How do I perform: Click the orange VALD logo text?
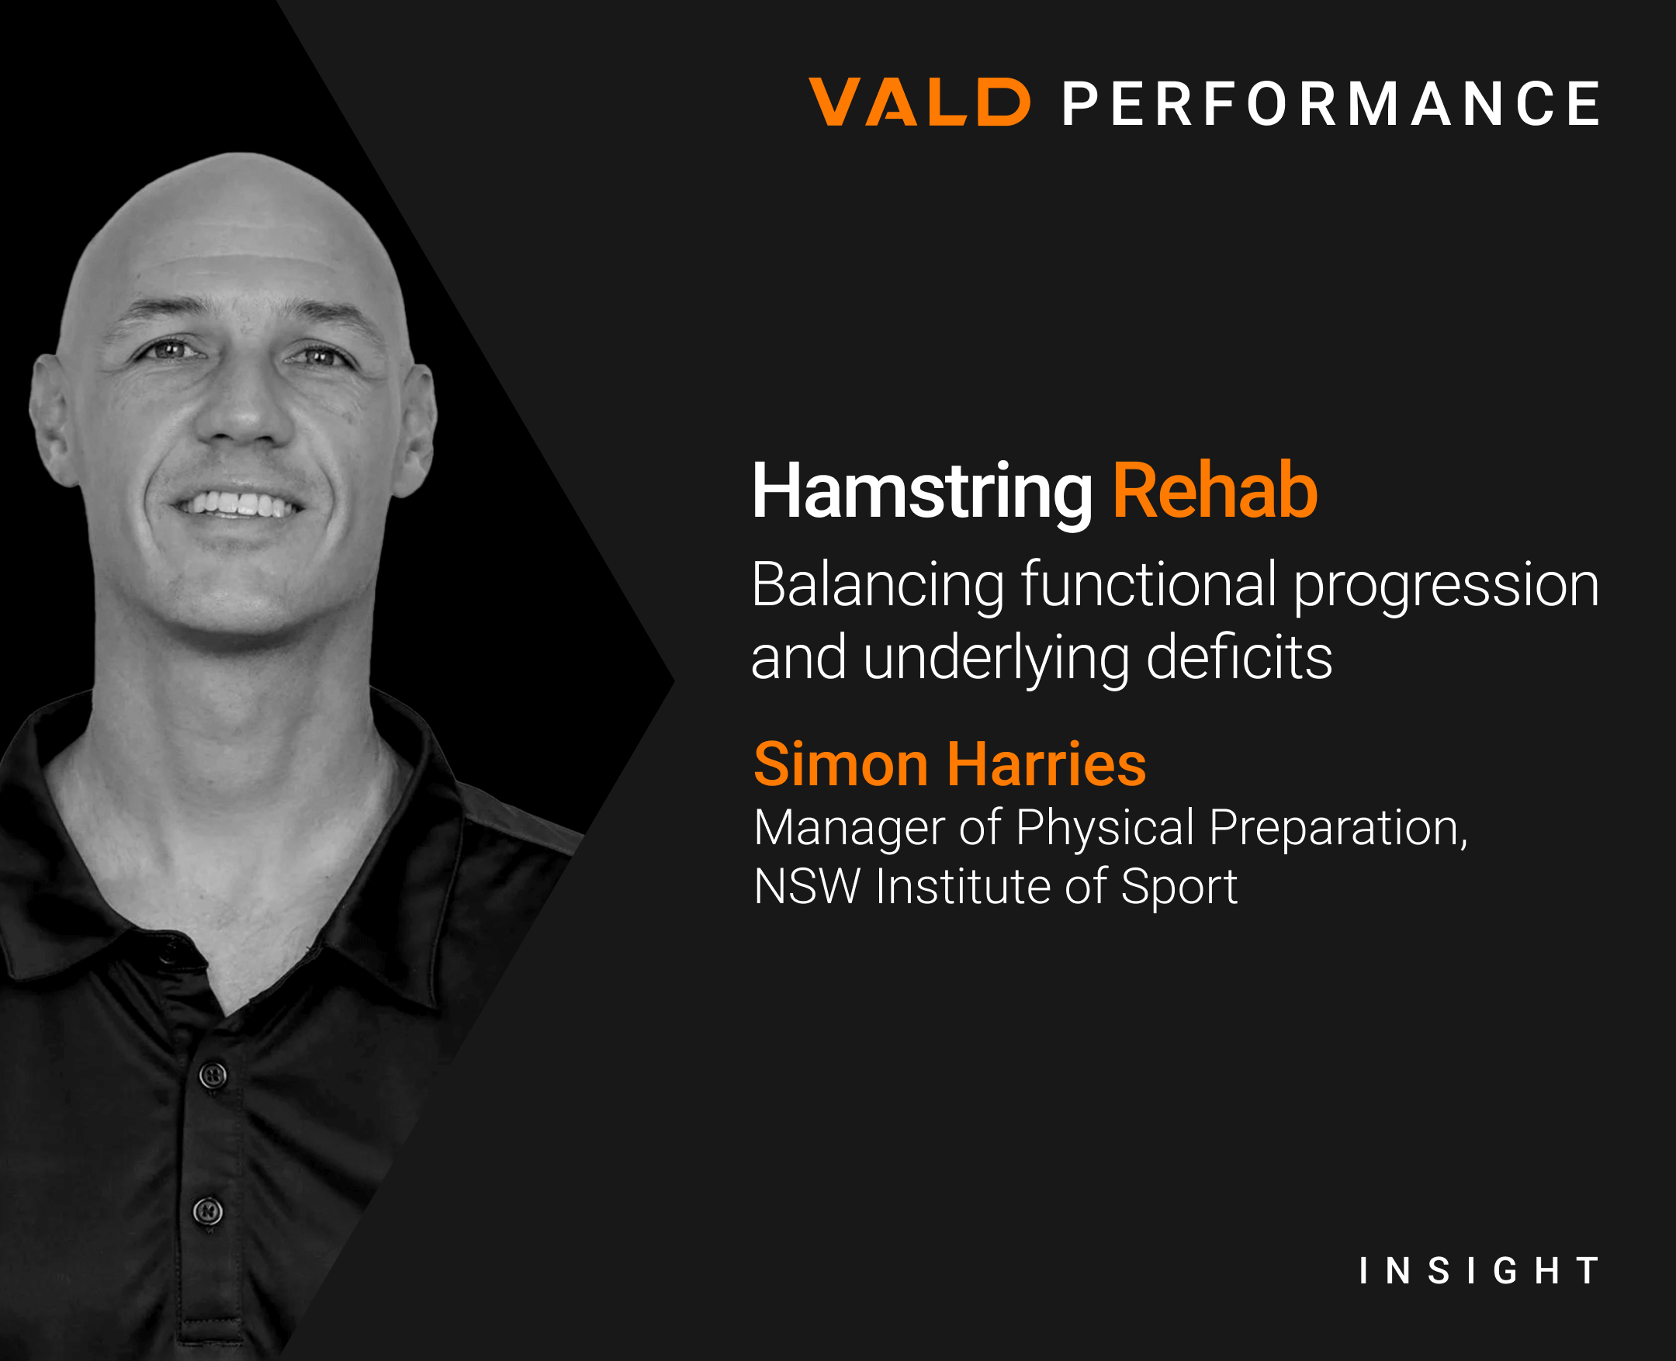[919, 102]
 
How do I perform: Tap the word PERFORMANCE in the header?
[1331, 103]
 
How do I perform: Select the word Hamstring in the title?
[922, 493]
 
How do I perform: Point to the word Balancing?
[878, 586]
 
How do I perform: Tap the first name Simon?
[840, 764]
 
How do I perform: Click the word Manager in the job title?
[850, 828]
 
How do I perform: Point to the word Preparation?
[1338, 828]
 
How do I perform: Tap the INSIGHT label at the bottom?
[1479, 1271]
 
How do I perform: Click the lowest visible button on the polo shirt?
[208, 1211]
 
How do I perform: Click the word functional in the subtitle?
[1148, 586]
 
